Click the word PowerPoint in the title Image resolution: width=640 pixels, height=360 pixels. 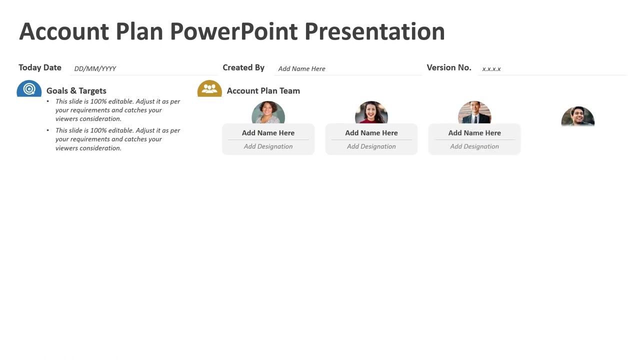coord(234,31)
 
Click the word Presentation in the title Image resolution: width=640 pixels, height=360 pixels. coord(374,31)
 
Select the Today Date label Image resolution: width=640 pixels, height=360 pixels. coord(40,67)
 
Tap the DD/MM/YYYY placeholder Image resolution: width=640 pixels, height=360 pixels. coord(95,68)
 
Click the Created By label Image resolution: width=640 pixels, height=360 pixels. coord(243,67)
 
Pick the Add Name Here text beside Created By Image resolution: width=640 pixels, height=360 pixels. coord(301,68)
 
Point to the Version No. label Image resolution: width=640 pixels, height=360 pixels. coord(448,67)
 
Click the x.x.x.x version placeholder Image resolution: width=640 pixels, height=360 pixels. coord(491,68)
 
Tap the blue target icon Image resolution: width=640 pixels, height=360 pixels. coord(29,89)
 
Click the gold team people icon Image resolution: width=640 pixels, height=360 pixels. coord(209,89)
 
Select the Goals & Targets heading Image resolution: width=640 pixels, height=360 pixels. coord(76,90)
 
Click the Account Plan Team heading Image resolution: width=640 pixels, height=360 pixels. coord(263,90)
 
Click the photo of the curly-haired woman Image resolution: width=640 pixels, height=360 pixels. coord(268,113)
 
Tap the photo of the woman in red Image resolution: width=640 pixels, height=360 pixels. coord(371,113)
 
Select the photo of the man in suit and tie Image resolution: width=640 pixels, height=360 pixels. coord(474,113)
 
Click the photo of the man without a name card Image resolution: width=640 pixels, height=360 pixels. coord(577,117)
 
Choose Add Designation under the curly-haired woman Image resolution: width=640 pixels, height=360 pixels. coord(268,146)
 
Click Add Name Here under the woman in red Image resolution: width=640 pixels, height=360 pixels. coord(371,133)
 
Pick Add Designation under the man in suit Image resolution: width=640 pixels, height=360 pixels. coord(474,146)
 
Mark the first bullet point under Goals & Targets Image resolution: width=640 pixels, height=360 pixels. coord(117,110)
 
